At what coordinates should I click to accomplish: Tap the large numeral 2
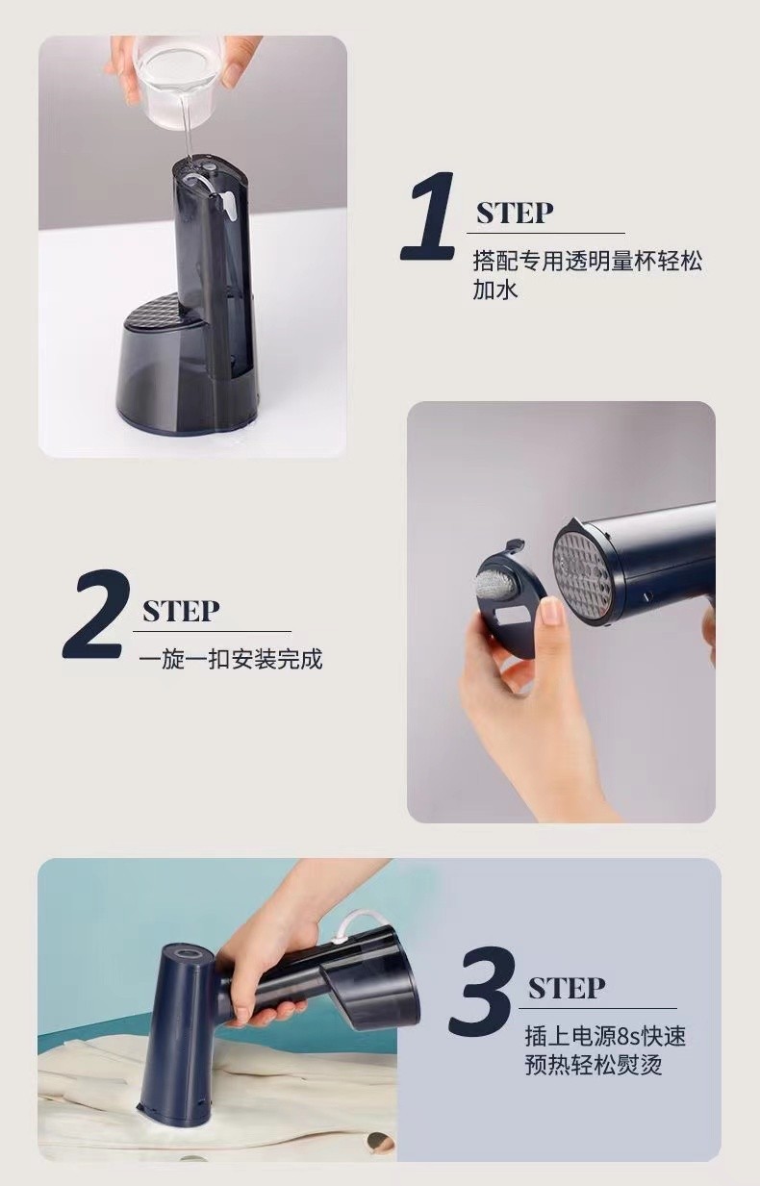pos(96,615)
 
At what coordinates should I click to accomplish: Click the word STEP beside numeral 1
pos(515,213)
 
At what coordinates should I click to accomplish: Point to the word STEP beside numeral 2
pos(181,611)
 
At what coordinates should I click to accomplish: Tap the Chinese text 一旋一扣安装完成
pos(230,660)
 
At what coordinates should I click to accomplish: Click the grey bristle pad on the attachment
pos(492,578)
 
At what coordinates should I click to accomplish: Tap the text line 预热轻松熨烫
pos(594,1065)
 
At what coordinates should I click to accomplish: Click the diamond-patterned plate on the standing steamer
pos(158,311)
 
